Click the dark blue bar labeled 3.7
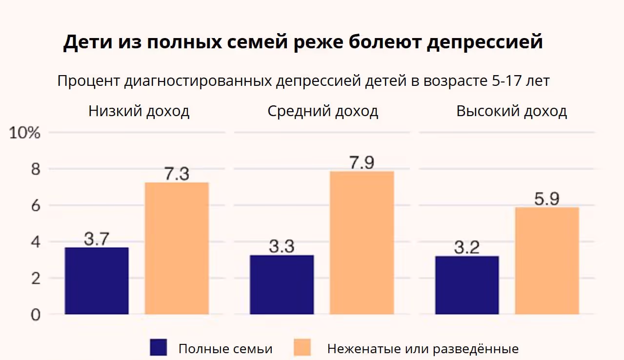tap(97, 280)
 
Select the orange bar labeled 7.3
tap(177, 248)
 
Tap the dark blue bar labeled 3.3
tap(282, 284)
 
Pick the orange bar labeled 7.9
tap(362, 242)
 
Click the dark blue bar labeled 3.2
tap(467, 285)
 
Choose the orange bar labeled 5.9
tap(547, 260)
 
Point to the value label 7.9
tap(362, 163)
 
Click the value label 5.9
tap(546, 199)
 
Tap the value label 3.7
tap(96, 239)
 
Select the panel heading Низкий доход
tap(139, 111)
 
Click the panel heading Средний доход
tap(323, 111)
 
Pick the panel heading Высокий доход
tap(512, 111)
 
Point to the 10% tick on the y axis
tap(24, 133)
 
